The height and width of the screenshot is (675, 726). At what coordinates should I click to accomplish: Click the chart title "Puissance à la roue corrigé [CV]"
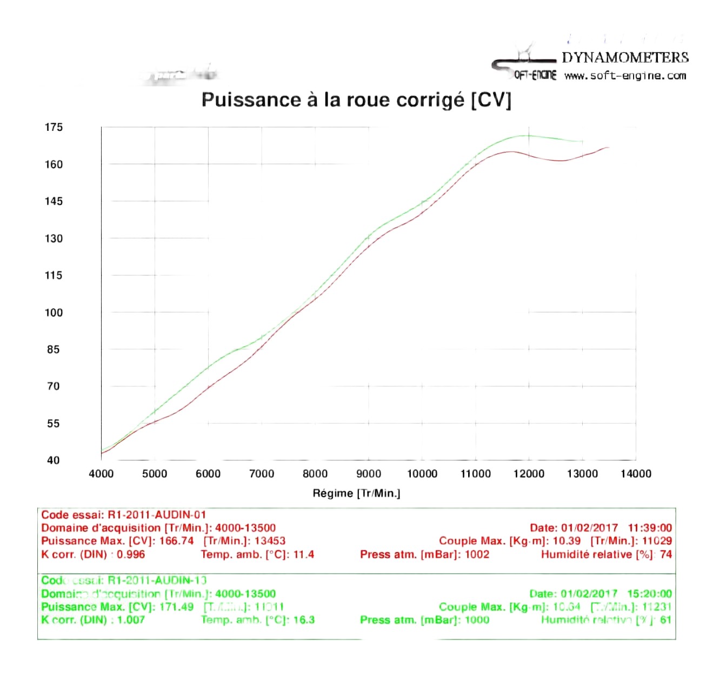click(356, 100)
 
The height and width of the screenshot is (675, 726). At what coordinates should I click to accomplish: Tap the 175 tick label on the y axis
click(54, 127)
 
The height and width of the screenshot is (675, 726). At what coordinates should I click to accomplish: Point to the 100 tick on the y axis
click(54, 313)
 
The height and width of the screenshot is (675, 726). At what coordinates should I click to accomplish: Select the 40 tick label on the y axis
click(53, 460)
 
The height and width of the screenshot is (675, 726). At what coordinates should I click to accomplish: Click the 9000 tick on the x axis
click(369, 474)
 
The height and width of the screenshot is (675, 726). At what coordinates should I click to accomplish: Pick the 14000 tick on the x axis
click(636, 474)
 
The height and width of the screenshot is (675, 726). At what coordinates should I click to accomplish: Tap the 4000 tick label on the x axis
click(101, 474)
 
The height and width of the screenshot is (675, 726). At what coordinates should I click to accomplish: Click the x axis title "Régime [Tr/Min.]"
click(356, 493)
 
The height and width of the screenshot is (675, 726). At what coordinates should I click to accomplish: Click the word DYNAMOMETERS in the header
click(625, 57)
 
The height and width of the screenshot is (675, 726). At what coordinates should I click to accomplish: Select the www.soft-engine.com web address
click(625, 76)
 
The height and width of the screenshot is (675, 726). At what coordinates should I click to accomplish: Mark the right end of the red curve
click(609, 147)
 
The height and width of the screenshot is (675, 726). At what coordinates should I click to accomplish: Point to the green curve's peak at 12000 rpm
click(529, 135)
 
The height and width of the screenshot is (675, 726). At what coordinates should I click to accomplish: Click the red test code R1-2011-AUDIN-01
click(157, 515)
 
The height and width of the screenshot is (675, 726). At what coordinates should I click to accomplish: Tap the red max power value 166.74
click(176, 541)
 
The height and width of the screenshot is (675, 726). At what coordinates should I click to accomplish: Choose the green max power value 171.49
click(176, 607)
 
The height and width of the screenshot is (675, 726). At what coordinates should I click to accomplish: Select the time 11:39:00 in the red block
click(650, 528)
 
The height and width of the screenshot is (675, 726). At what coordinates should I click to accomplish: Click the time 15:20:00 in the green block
click(650, 594)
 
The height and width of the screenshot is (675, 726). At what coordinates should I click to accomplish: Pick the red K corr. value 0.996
click(131, 554)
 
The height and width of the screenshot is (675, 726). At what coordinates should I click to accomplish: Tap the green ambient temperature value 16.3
click(304, 620)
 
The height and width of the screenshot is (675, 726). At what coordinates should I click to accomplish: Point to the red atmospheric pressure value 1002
click(477, 554)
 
